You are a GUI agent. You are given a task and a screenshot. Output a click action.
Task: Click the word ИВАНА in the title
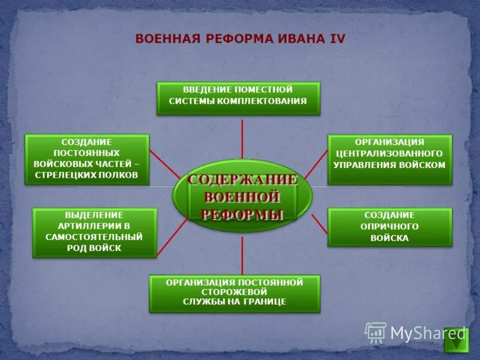[x=296, y=38]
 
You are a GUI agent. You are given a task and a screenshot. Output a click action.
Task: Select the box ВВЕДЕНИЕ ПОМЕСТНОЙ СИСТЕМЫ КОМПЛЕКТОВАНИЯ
[x=238, y=98]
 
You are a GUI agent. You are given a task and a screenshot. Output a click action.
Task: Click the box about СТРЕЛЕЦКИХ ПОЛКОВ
[x=86, y=159]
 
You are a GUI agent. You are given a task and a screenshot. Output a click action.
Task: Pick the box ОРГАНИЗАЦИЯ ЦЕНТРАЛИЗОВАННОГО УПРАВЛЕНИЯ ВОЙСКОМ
[x=389, y=159]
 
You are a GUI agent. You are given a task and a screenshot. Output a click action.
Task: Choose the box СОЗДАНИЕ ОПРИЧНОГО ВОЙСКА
[x=389, y=227]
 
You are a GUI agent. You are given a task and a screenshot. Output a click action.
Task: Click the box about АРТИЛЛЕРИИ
[x=94, y=232]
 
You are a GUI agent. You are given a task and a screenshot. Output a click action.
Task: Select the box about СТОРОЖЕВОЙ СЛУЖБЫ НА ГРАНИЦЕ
[x=235, y=293]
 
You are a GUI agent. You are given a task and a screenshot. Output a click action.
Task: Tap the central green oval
[x=243, y=196]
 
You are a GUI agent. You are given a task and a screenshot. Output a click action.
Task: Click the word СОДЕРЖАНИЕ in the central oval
[x=242, y=180]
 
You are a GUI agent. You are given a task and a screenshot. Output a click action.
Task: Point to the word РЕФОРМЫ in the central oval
[x=242, y=214]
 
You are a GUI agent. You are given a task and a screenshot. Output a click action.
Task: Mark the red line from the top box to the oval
[x=242, y=138]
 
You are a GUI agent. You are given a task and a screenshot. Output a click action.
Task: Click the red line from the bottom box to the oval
[x=242, y=255]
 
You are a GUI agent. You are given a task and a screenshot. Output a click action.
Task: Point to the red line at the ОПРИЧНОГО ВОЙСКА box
[x=319, y=225]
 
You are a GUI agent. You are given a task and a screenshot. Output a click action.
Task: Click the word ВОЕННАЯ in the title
[x=168, y=38]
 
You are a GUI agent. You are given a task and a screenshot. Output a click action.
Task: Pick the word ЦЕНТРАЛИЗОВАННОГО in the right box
[x=389, y=154]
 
